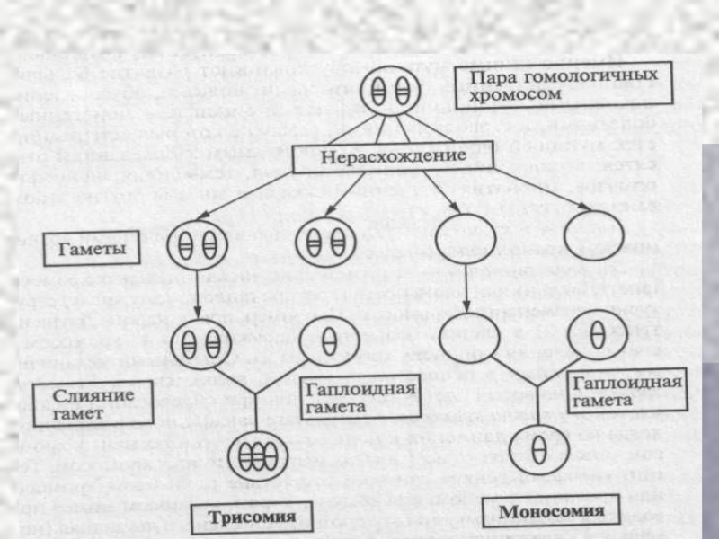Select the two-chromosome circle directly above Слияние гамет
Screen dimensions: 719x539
coord(197,343)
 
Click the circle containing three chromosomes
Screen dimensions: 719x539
coord(256,458)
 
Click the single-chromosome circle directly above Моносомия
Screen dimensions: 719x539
coord(537,450)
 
